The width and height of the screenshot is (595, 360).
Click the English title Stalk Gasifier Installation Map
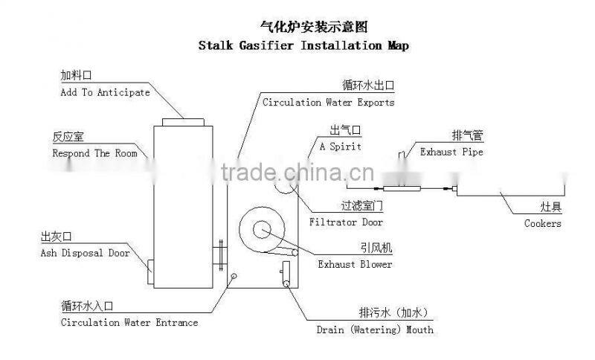point(303,45)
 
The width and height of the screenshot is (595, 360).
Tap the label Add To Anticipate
point(105,93)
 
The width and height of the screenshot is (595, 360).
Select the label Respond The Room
point(94,154)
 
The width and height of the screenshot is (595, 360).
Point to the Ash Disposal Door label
point(85,254)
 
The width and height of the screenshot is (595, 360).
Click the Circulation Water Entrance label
point(129,323)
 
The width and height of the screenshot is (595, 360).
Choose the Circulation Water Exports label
point(328,103)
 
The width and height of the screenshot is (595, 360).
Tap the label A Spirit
point(341,147)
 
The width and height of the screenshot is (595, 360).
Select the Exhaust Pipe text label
point(451,152)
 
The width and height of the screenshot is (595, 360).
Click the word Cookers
point(543,223)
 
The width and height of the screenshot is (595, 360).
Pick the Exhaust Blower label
point(355,264)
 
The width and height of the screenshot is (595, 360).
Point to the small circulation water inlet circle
point(234,276)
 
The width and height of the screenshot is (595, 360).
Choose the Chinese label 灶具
point(550,205)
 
